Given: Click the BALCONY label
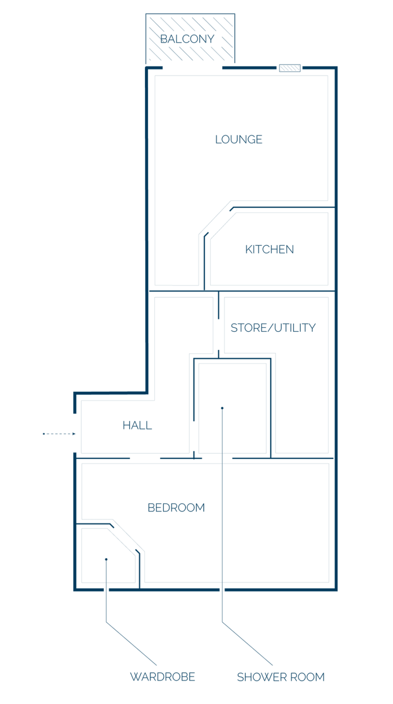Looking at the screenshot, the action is click(187, 39).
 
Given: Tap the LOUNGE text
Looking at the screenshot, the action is click(239, 139).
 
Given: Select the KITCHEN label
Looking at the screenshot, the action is click(269, 249).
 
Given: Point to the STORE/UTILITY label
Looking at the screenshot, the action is click(273, 327).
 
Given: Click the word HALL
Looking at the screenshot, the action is click(137, 425).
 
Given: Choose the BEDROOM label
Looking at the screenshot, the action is click(176, 508).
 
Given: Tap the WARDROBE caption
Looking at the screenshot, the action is click(163, 677).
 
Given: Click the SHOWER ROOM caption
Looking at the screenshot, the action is click(280, 677).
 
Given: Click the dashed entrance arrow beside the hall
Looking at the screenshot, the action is click(59, 434).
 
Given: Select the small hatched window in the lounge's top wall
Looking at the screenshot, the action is click(290, 68).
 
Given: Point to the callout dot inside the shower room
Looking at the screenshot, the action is click(222, 408).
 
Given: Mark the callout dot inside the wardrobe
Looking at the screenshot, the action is click(106, 559).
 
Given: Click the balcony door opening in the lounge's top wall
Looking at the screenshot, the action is click(193, 68).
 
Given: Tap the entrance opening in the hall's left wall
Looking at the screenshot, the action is click(75, 433).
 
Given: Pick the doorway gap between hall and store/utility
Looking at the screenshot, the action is click(218, 335).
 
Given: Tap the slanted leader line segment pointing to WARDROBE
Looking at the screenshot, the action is click(131, 643).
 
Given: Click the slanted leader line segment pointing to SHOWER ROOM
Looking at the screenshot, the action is click(247, 643).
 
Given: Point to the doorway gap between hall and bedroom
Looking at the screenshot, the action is click(145, 458).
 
